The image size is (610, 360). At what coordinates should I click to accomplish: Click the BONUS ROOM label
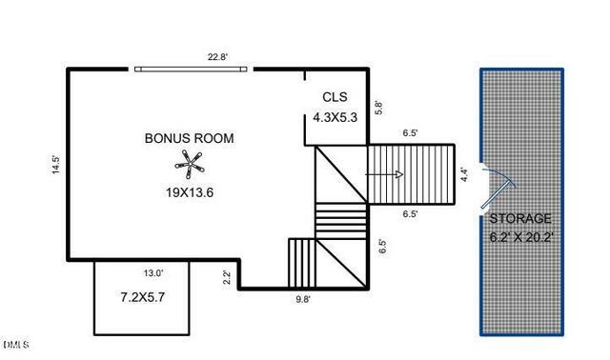point(189,138)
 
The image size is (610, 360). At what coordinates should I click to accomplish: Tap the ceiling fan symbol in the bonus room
point(193,169)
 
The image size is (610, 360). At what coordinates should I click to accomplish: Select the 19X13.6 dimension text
point(189,192)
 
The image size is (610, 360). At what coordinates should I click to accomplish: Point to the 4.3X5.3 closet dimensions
point(335,118)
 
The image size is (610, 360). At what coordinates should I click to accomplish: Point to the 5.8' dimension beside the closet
point(378,109)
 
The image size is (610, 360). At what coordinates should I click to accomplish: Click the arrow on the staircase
point(386,174)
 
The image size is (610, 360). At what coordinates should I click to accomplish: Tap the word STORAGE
point(521,219)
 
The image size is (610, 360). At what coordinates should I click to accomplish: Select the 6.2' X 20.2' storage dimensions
point(522,236)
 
